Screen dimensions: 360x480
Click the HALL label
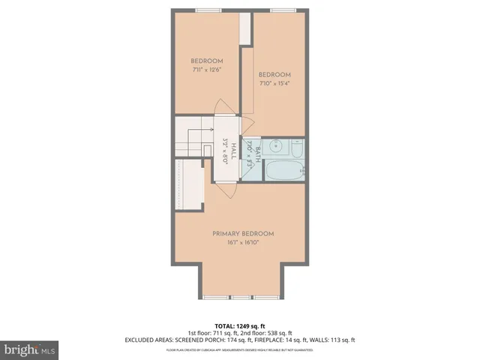click(x=233, y=148)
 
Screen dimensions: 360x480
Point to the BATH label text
click(x=257, y=153)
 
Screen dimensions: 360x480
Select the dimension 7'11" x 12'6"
click(x=206, y=70)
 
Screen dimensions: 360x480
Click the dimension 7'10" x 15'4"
click(x=274, y=84)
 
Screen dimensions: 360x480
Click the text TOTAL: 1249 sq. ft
click(x=239, y=326)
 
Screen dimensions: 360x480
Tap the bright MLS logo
click(x=29, y=349)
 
